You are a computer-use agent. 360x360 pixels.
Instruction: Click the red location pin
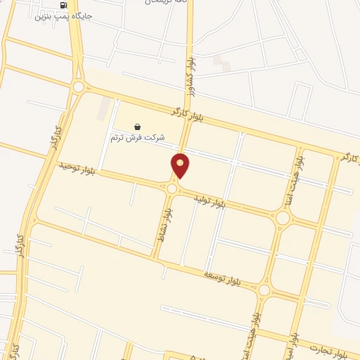(x=181, y=165)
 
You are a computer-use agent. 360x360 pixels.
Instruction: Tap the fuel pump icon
(x=65, y=4)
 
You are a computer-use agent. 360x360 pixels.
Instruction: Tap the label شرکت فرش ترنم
(x=137, y=138)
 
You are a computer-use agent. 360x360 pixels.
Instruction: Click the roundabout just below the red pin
(x=172, y=188)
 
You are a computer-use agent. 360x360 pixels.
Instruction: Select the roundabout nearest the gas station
(x=79, y=87)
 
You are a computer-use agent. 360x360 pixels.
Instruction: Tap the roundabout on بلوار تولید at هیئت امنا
(x=283, y=218)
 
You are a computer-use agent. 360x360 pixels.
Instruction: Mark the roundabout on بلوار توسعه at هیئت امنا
(x=264, y=290)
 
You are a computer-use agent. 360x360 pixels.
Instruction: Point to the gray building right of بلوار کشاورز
(x=221, y=60)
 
